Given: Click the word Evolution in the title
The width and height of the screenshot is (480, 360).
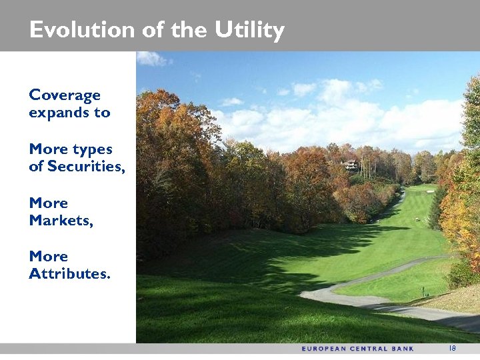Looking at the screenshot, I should (73, 30).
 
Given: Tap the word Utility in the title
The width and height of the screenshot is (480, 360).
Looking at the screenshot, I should (249, 31).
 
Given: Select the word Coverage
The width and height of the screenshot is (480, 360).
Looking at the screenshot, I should (65, 95).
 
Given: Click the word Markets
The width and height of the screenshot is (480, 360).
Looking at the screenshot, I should (61, 220).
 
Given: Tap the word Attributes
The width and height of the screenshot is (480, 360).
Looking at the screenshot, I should (69, 273).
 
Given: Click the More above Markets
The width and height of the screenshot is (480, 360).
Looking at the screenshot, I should (48, 203).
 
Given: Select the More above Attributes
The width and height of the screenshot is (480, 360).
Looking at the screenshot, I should (48, 256).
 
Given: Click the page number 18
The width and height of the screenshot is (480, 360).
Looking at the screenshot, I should (452, 348).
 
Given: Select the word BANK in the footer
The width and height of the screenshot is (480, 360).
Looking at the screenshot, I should (404, 349).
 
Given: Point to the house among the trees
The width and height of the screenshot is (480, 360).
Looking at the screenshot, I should (350, 165).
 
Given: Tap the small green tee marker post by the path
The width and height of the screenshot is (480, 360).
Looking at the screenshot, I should (421, 291).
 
